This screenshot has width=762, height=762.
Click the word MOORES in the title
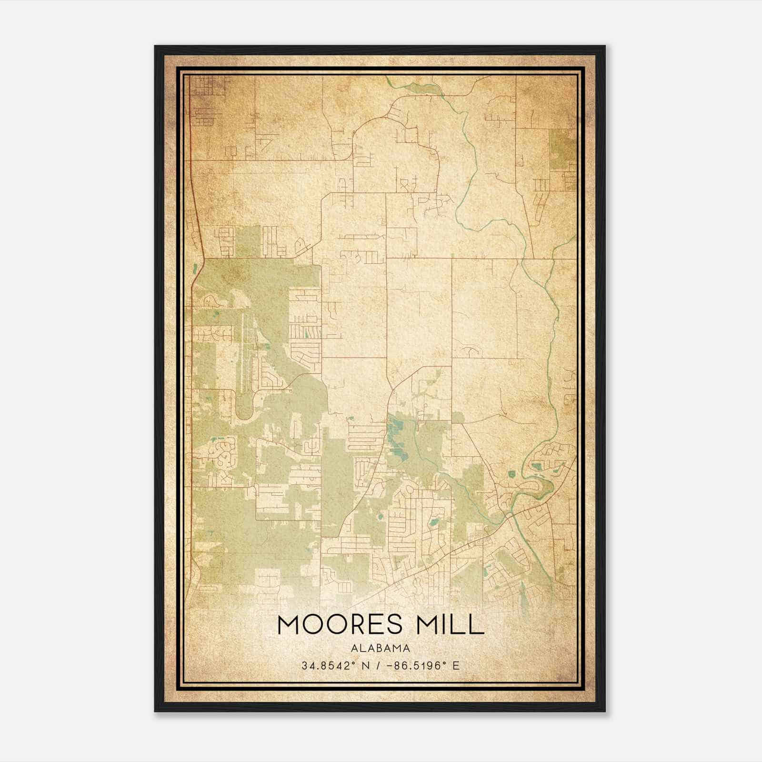(x=334, y=624)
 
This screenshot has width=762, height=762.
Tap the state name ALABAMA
(x=380, y=648)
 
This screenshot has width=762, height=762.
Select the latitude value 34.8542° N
(x=331, y=665)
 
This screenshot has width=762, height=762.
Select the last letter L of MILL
(x=478, y=624)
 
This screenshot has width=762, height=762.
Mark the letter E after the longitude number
(x=456, y=665)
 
